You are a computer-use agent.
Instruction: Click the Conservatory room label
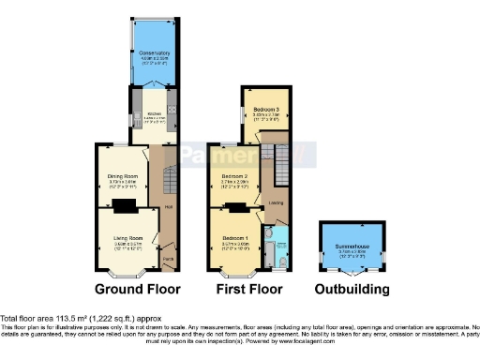point(155,53)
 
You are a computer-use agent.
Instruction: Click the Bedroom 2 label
point(233,176)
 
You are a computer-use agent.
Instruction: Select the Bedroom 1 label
point(234,239)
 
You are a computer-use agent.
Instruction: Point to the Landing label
point(277,202)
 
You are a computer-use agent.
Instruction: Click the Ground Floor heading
point(137,289)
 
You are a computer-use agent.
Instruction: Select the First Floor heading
point(250,289)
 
